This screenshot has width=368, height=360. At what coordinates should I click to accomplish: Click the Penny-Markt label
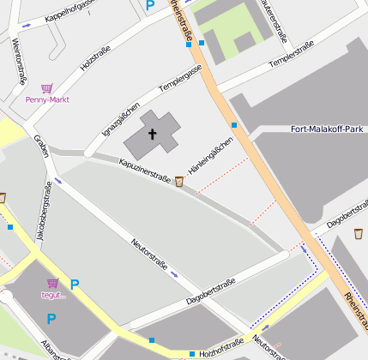[x=47, y=99]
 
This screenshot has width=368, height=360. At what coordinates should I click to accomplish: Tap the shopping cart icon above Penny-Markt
[x=46, y=88]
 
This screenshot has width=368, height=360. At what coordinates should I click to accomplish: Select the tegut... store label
[x=53, y=295]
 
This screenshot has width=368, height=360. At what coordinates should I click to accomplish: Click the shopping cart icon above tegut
[x=53, y=283]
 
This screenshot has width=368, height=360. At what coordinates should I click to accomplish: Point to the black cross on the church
[x=154, y=134]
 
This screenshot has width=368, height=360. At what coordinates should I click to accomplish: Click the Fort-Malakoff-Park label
[x=328, y=129]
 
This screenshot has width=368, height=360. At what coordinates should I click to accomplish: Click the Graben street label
[x=39, y=147]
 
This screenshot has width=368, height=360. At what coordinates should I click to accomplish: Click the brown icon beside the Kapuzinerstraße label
[x=178, y=181]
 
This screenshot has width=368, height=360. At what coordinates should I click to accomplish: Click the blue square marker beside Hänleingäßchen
[x=233, y=125]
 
